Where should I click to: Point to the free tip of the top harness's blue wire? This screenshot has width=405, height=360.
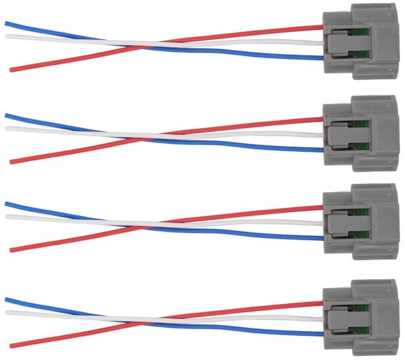[7, 24]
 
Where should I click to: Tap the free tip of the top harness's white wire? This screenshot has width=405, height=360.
[7, 36]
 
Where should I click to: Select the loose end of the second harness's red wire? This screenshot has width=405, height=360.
[12, 162]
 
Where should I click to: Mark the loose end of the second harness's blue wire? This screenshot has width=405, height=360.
[7, 115]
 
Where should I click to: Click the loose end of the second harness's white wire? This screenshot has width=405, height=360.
[7, 128]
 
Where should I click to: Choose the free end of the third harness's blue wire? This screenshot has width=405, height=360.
[7, 204]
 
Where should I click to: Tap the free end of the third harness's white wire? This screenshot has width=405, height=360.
[7, 216]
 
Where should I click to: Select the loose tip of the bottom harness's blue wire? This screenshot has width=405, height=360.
[7, 299]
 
